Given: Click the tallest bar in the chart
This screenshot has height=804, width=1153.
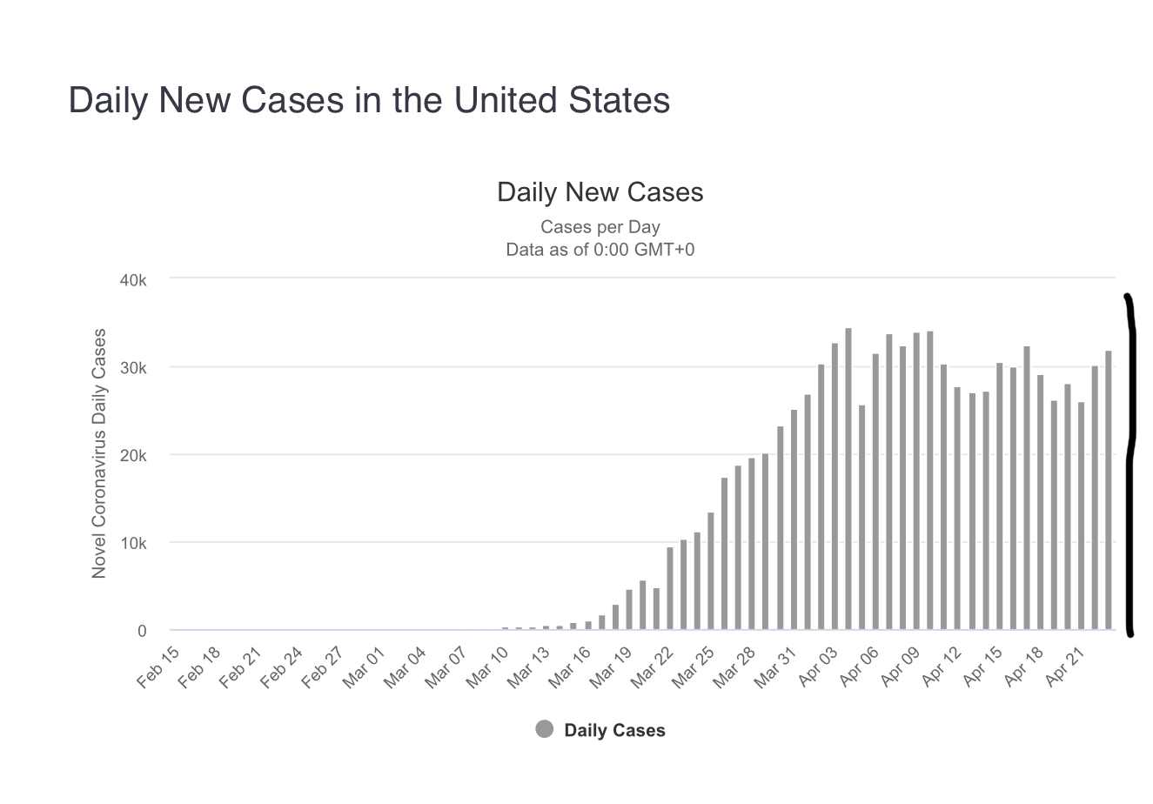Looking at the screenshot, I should click(x=848, y=479).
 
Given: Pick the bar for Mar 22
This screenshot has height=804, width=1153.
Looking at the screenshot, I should click(x=670, y=588).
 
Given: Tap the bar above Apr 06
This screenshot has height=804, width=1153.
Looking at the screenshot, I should click(x=875, y=492).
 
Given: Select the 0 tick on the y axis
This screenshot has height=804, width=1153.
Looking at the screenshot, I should click(x=142, y=631).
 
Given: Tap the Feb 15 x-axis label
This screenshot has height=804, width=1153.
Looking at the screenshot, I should click(x=159, y=667).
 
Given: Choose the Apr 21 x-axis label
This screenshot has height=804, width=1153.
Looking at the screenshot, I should click(x=1066, y=667).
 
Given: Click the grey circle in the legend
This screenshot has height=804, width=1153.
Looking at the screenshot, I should click(x=545, y=729).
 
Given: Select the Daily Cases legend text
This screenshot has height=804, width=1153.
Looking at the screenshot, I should click(x=614, y=731).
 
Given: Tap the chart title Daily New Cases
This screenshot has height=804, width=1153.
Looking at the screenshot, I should click(x=600, y=191).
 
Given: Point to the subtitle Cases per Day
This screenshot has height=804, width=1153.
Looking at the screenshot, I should click(x=600, y=227).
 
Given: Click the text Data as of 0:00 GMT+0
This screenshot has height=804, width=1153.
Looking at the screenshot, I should click(x=600, y=250).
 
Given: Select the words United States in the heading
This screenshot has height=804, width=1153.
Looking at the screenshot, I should click(x=562, y=100).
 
